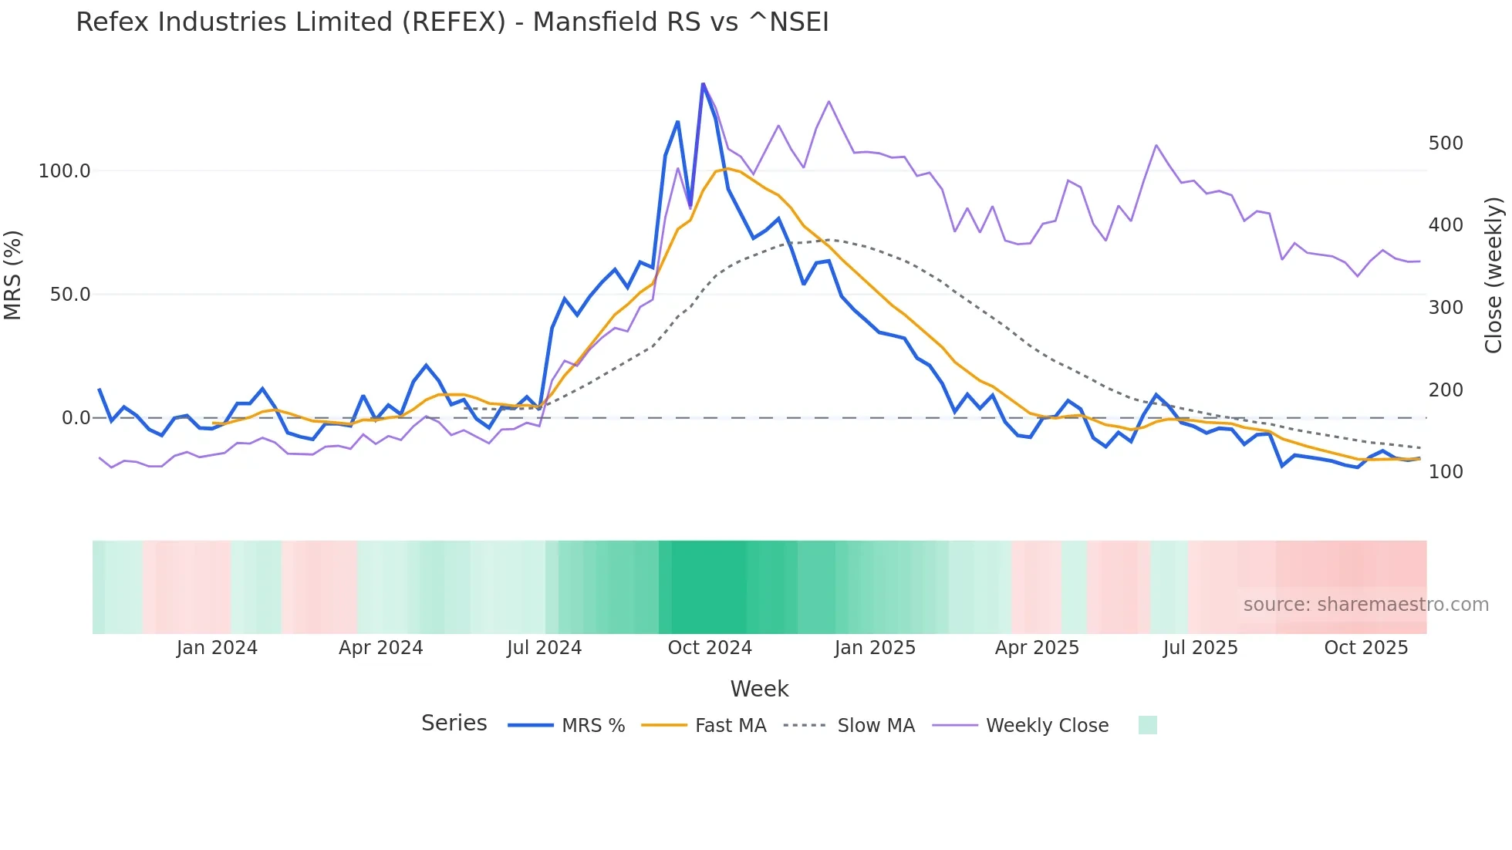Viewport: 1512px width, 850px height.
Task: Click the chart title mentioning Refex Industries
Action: coord(452,22)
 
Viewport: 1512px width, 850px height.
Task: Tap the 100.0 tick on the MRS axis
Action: coord(64,171)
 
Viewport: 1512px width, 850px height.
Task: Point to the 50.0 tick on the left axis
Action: coord(69,295)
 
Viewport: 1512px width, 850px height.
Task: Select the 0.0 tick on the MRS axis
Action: coord(76,418)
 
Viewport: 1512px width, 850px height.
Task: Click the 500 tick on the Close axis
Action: coord(1446,143)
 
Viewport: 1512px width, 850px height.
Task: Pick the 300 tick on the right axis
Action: coord(1446,308)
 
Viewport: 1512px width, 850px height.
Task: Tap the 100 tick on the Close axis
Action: coord(1446,472)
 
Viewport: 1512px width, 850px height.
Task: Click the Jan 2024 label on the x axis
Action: coord(217,648)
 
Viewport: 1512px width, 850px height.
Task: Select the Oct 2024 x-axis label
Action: coord(710,648)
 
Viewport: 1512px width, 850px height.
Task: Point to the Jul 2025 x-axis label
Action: coord(1200,648)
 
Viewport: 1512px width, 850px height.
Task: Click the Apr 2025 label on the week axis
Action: coord(1037,648)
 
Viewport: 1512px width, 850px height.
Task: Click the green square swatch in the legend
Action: coord(1148,725)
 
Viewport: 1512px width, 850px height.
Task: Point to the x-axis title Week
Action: coord(759,689)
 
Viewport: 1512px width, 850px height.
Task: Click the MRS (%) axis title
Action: coord(12,275)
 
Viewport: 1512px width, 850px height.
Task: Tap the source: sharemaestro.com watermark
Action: coord(1365,605)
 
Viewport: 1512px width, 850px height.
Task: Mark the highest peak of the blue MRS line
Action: coord(703,83)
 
